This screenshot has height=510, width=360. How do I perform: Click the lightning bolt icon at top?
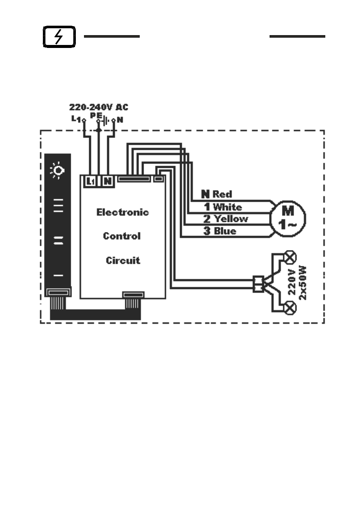[60, 37]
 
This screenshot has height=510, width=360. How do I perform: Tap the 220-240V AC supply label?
[99, 107]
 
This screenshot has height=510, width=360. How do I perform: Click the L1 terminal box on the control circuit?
[90, 182]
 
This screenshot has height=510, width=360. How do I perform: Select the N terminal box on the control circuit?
[108, 182]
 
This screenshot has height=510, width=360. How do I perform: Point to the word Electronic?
[123, 212]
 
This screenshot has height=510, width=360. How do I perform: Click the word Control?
[122, 236]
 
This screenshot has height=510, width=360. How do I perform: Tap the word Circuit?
[123, 260]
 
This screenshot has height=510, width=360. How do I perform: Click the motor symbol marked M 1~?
[288, 216]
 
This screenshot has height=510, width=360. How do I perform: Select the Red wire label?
[222, 195]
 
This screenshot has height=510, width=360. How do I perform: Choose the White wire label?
[227, 207]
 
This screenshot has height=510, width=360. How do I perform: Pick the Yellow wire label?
[231, 219]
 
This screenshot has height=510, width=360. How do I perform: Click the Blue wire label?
[225, 231]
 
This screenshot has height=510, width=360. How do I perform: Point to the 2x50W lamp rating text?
[303, 282]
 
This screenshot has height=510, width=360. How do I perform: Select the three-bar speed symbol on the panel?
[58, 206]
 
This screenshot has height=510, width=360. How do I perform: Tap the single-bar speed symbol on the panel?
[58, 275]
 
